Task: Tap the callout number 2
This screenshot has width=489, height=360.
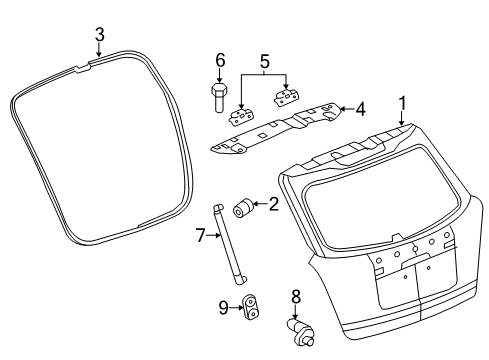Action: click(273, 204)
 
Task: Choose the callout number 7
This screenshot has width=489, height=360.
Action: click(200, 236)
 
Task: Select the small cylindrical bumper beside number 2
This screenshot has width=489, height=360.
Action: click(242, 208)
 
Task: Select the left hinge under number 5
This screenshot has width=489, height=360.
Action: click(241, 112)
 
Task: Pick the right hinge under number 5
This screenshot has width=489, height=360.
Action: click(289, 96)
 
